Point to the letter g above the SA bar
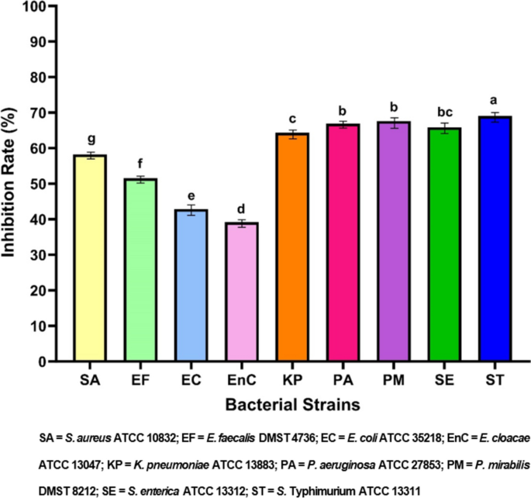click(91, 140)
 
